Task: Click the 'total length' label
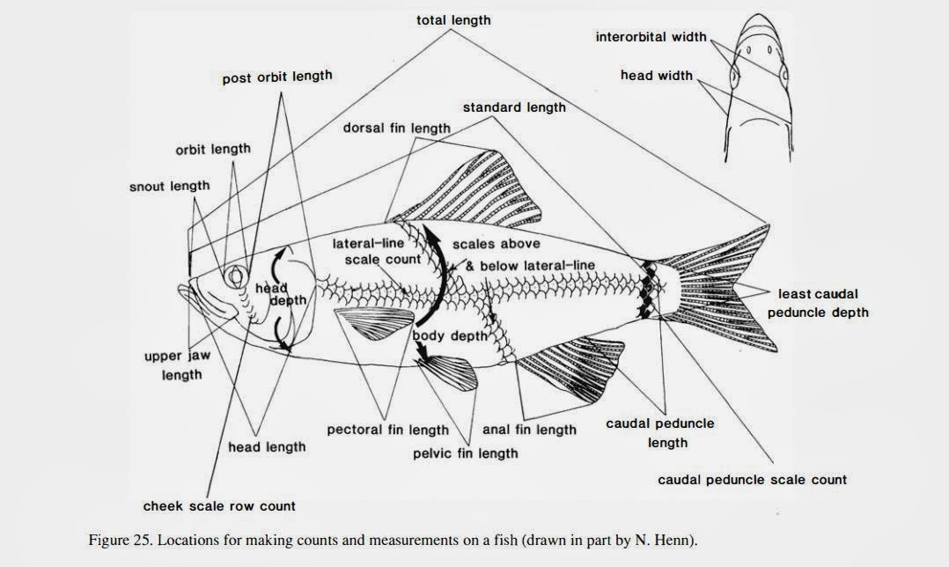tap(453, 19)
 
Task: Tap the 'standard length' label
tap(514, 107)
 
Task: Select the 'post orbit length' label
tap(276, 77)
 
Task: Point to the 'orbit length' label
tap(212, 149)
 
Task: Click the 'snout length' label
tap(170, 186)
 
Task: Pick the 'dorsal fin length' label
tap(396, 128)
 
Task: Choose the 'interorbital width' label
tap(651, 37)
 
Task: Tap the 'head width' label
tap(656, 76)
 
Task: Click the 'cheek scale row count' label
tap(219, 506)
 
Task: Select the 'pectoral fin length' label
tap(387, 431)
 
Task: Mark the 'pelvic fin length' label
tap(466, 453)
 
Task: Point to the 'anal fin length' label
tap(529, 430)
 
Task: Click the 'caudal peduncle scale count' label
tap(752, 480)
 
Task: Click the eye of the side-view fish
tap(236, 276)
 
